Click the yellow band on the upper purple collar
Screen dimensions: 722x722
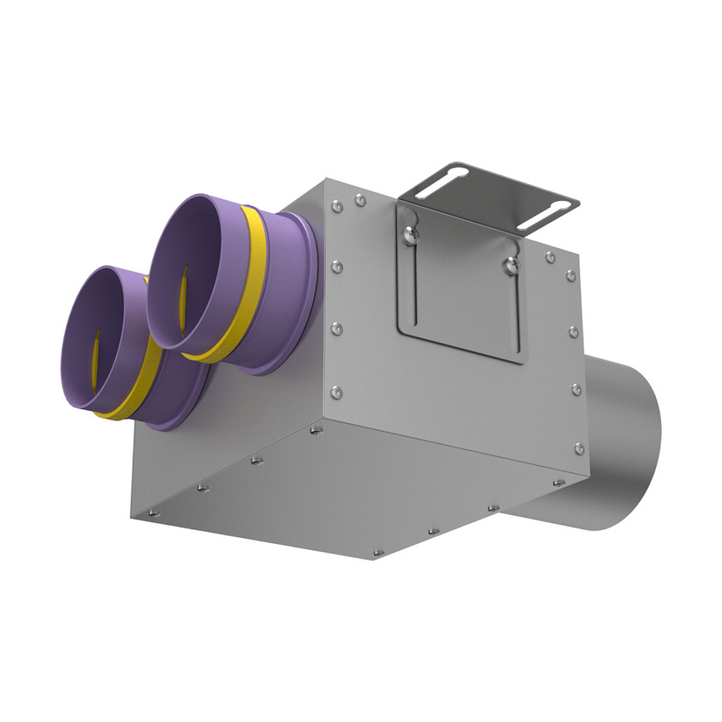point(251,284)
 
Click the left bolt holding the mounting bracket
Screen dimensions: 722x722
point(412,233)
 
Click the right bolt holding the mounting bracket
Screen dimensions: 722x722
point(512,265)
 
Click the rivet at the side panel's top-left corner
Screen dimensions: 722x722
point(337,205)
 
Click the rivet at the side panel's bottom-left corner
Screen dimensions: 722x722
point(337,393)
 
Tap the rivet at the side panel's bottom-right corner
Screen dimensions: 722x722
point(579,448)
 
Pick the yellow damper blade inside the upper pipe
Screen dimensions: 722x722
point(183,297)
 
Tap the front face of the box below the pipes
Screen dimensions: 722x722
point(215,464)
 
